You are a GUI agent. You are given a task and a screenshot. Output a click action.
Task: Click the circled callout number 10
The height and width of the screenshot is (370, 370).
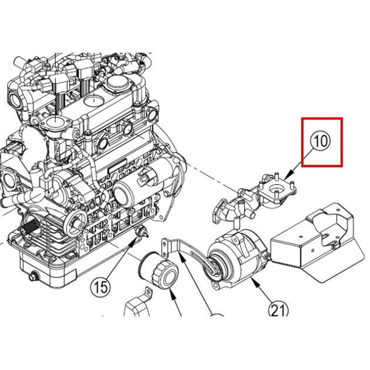321,141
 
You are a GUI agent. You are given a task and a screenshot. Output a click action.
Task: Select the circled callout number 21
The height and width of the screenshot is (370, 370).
278,310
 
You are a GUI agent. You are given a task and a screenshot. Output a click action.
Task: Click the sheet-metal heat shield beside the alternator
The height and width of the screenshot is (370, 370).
314,240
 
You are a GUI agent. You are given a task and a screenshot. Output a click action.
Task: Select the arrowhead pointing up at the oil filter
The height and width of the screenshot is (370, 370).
171,292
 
